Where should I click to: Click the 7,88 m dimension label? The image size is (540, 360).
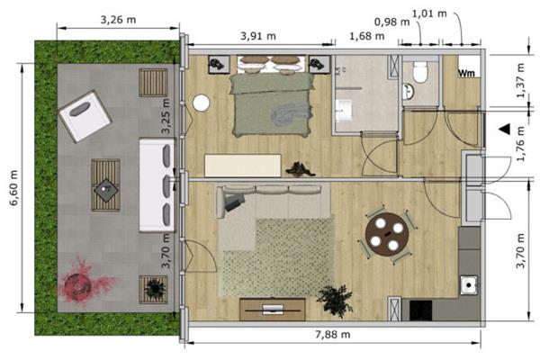pos(333,335)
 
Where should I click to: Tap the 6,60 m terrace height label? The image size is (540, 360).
pos(13,188)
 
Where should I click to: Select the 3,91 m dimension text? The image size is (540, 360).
pos(258,36)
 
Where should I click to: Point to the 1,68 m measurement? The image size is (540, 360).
pos(367,36)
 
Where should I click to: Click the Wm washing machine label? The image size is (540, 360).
pos(466,74)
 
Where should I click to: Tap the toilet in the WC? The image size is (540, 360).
pos(420,71)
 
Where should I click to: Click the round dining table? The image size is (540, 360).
pos(387,234)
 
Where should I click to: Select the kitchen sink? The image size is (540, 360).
pos(469,285)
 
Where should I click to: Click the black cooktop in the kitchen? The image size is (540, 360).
pos(420,310)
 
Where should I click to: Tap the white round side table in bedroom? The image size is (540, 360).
pos(201,103)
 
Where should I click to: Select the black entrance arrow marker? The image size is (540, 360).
pos(505,130)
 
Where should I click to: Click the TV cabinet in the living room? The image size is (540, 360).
pos(273,310)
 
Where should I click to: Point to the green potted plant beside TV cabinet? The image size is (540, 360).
pos(335,300)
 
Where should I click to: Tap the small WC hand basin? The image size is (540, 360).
pos(409,92)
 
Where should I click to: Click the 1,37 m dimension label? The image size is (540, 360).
pos(521,80)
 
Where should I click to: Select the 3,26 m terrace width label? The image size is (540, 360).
pos(118,20)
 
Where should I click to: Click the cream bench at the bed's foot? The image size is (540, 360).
pos(243,166)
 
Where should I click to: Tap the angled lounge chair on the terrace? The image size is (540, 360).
pos(85,116)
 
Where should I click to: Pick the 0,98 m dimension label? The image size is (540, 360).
pos(391,22)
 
